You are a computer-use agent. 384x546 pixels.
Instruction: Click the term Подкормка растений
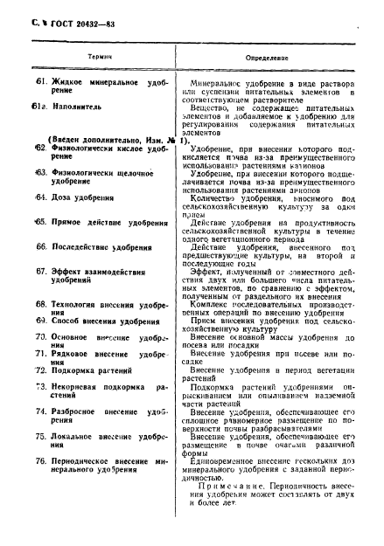(x=97, y=370)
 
